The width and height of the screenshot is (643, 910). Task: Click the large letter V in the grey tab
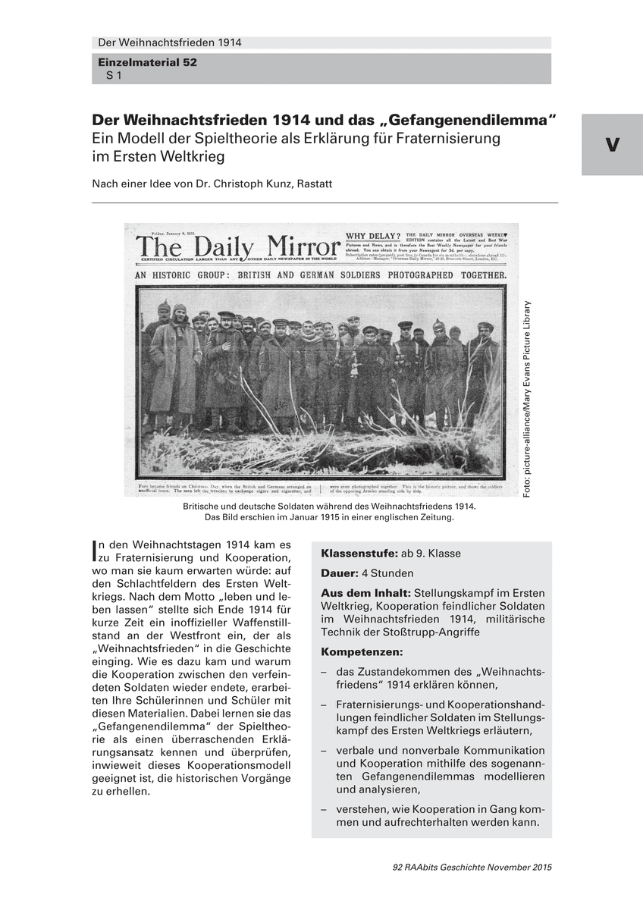tap(613, 146)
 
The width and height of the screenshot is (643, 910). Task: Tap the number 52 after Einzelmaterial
tap(188, 64)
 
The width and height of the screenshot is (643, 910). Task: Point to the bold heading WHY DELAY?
tap(372, 237)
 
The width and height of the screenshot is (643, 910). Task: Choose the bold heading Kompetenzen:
tap(362, 651)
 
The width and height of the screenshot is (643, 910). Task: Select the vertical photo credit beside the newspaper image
tap(527, 400)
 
